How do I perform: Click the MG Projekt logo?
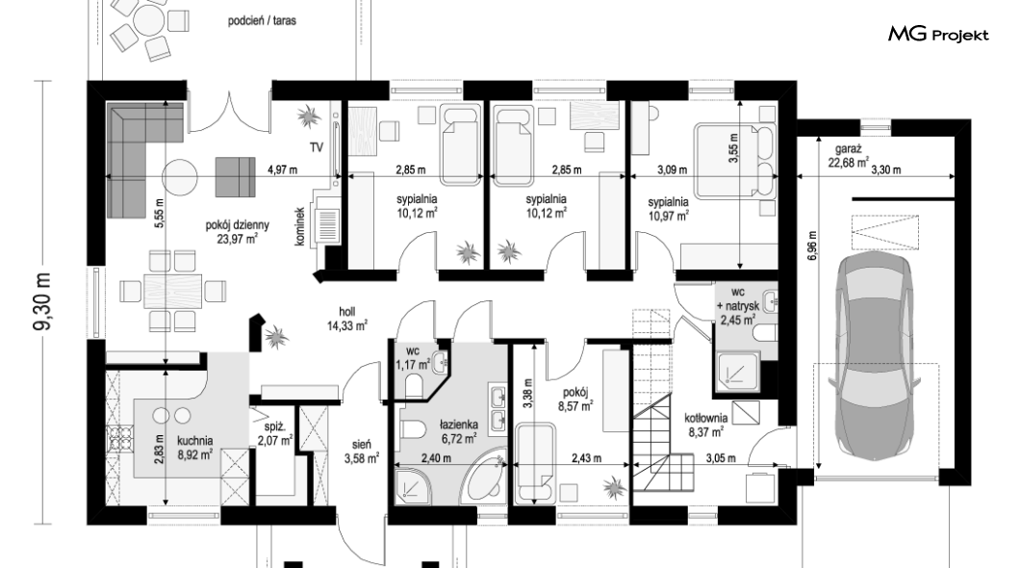coord(938,35)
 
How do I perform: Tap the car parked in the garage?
coord(875,355)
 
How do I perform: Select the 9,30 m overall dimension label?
coord(44,302)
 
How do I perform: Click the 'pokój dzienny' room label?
coord(238,225)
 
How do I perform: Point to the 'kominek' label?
coord(300,226)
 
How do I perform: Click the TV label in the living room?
coord(317,147)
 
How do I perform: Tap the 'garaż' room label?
coord(849,149)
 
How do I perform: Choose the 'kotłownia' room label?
coord(705,418)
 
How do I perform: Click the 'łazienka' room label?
coord(459,426)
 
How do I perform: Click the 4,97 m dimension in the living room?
coord(282,170)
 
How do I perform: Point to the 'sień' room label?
coord(361,445)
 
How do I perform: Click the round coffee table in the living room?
coord(179,177)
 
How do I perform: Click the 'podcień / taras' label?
coord(262,21)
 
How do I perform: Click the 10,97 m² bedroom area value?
coord(669,216)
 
